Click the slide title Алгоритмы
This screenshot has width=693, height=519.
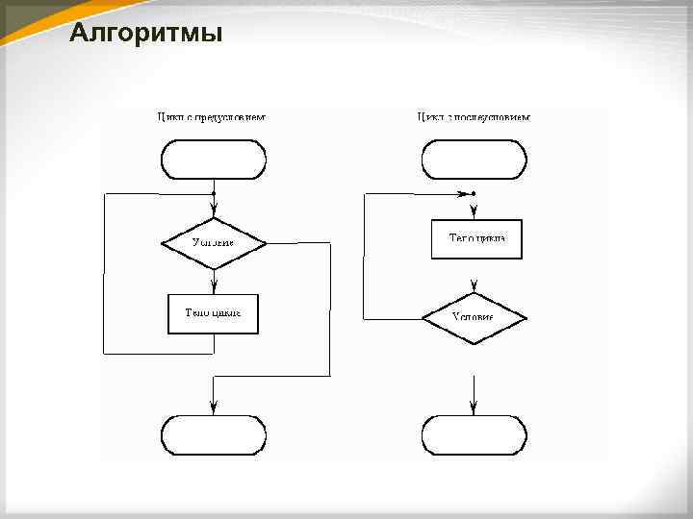(146, 35)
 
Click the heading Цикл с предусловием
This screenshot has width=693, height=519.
(211, 117)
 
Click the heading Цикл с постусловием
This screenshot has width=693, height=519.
(474, 117)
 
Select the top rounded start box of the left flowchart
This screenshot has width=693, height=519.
(213, 160)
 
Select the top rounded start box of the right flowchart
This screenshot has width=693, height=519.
(475, 160)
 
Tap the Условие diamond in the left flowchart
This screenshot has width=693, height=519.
(213, 242)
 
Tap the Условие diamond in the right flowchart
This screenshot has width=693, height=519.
(475, 317)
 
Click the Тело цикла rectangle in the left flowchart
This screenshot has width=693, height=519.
(213, 313)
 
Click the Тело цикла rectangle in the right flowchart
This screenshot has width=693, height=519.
(476, 238)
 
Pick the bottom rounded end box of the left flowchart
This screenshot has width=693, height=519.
(213, 434)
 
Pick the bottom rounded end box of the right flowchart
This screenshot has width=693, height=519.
(475, 434)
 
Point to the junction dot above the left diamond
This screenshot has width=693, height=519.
(213, 193)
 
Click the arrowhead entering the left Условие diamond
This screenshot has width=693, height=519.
(213, 211)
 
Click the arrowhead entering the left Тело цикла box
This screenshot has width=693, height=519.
(213, 287)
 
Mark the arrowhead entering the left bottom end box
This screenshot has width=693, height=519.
(213, 408)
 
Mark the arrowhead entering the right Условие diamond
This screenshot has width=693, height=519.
(475, 286)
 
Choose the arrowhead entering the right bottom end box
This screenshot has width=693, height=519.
(475, 408)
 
